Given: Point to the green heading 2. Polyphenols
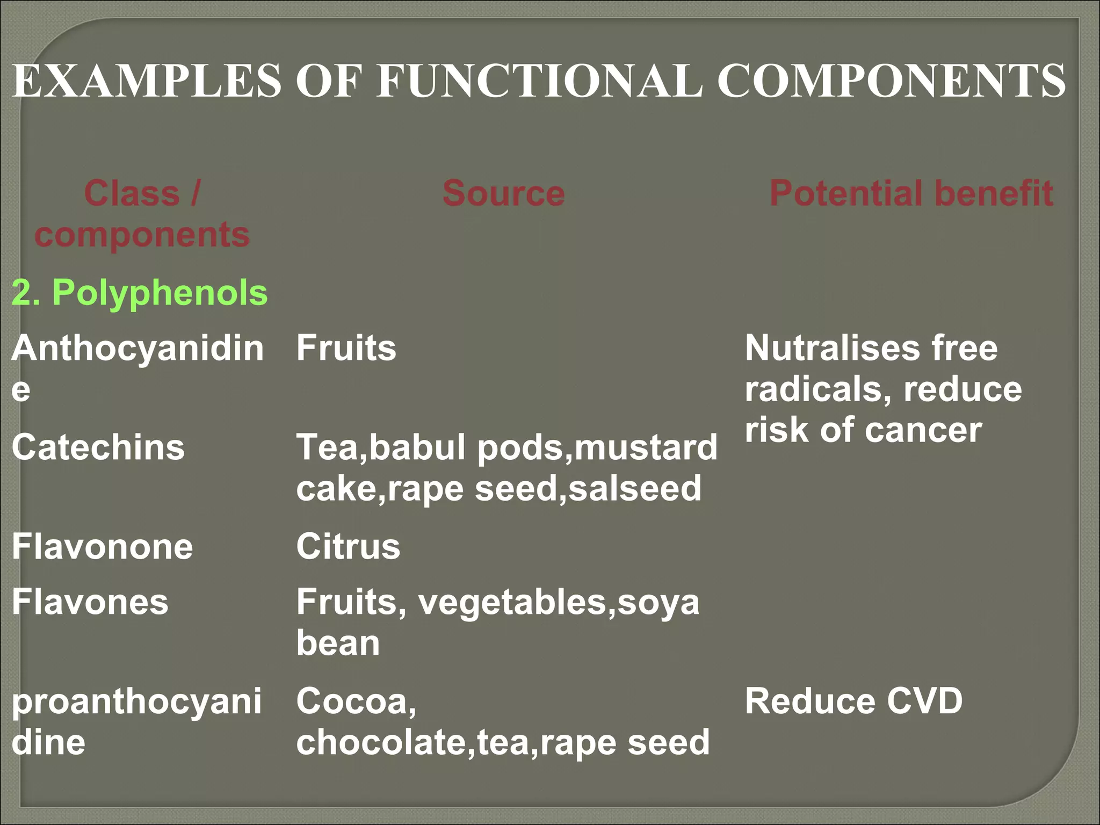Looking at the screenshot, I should point(140,293).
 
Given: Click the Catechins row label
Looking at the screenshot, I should point(98,447).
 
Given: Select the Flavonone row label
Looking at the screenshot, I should point(102,546).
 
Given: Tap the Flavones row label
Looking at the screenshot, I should point(90,602).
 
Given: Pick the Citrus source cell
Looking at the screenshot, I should point(348,546).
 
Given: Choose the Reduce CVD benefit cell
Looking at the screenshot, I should point(853,701).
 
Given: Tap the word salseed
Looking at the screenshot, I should point(635,488).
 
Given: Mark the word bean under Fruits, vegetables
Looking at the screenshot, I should point(338,643).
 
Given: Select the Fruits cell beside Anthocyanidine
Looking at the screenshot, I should point(346,348).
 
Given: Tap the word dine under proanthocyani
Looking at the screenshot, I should point(48,742).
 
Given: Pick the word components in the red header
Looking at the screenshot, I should point(142,235).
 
